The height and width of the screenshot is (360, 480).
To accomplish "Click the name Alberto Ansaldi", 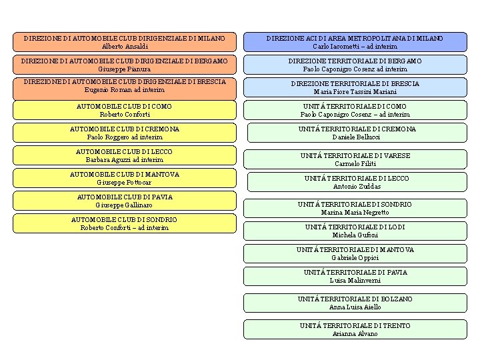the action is pos(125,47).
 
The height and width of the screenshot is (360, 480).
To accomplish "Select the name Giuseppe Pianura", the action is pos(124,69).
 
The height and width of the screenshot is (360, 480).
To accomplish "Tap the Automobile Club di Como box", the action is pos(125,110).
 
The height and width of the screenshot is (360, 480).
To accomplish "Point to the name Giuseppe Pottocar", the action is pos(124,183).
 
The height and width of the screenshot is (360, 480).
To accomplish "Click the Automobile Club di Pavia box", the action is pos(125,201).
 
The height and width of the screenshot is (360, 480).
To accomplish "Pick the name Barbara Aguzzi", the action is pos(108,160).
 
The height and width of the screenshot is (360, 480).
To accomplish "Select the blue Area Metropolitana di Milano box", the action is pos(355,42).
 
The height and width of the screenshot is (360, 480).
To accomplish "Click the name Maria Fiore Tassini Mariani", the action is pos(355,92).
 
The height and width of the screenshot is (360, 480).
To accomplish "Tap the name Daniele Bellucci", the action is pos(356,137).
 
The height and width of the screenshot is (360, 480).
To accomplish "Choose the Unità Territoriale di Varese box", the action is pos(355,159).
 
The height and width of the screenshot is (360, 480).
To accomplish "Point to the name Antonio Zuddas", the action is pos(357,187).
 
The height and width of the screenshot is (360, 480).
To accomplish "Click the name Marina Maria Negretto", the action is pos(355,213).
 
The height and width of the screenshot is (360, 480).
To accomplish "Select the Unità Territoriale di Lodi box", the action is pos(355,231).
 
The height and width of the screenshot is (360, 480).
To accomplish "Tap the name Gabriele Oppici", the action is pos(355,258).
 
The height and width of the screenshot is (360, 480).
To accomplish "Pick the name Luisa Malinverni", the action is pos(355,281).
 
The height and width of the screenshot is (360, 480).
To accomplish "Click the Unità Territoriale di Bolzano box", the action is pos(355,303).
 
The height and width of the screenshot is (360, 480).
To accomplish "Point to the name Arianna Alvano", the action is pos(355,334).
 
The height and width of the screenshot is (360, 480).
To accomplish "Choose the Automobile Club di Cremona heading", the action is pos(125,129).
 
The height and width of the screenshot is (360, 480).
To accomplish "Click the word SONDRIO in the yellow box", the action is pos(161,220).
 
